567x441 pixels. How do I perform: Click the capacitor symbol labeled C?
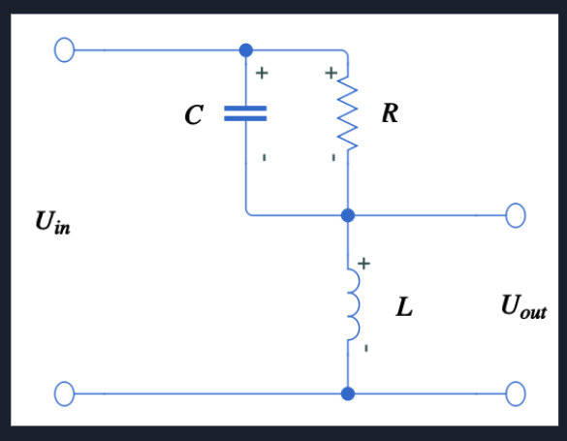click(246, 113)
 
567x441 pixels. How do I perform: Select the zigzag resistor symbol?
click(348, 113)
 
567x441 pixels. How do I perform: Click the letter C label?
click(194, 115)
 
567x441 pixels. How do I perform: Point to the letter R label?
click(389, 113)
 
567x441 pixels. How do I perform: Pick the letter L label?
click(404, 309)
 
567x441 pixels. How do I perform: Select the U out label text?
click(523, 307)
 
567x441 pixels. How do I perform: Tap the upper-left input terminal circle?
click(64, 50)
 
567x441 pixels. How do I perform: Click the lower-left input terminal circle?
click(64, 394)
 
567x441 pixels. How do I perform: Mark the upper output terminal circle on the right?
click(515, 215)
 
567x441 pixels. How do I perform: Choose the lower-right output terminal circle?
click(515, 394)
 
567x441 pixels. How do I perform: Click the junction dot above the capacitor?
click(246, 50)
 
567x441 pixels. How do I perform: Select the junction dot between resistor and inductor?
click(348, 215)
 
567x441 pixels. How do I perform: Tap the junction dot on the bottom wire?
click(348, 394)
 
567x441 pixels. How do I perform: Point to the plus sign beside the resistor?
click(331, 73)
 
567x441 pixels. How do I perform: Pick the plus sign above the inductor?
click(364, 263)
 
